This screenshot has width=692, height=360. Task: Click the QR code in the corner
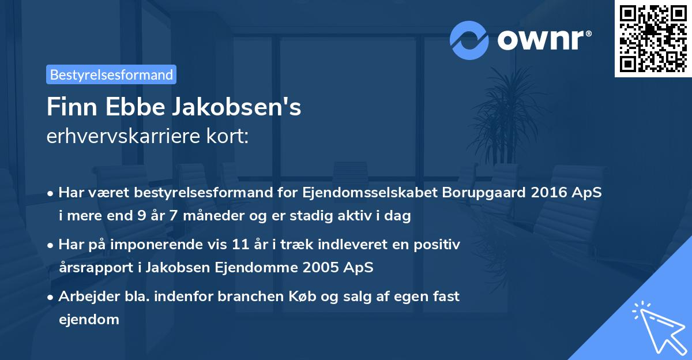coord(653,39)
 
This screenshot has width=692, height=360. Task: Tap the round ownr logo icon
coord(469,40)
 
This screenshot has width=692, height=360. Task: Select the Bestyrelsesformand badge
coord(111,74)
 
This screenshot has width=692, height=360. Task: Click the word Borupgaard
coord(480,193)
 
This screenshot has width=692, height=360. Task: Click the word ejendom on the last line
coord(89,319)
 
